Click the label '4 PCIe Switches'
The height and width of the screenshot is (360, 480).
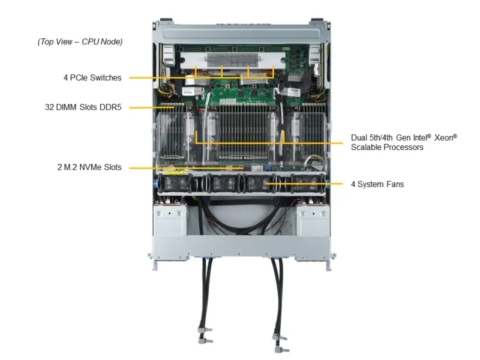[92, 77]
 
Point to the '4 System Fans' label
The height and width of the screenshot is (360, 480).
[377, 184]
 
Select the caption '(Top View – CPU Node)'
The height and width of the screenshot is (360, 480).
[80, 41]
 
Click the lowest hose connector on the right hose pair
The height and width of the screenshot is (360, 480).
[277, 348]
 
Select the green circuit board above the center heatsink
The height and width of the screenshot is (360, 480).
[240, 95]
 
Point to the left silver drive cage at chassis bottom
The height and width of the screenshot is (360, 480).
[170, 222]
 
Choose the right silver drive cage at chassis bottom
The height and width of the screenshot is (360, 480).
[311, 222]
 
